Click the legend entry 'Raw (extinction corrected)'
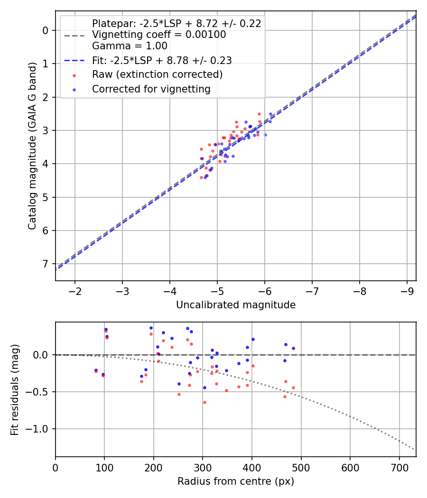pyautogui.click(x=157, y=74)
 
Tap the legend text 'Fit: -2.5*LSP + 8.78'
pyautogui.click(x=161, y=61)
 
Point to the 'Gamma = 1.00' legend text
pyautogui.click(x=130, y=46)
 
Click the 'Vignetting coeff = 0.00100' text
pyautogui.click(x=159, y=35)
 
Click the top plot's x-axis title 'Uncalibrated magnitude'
pyautogui.click(x=236, y=305)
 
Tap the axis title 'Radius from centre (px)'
pyautogui.click(x=236, y=481)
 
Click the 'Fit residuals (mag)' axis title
pyautogui.click(x=15, y=390)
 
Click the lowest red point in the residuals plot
pyautogui.click(x=204, y=402)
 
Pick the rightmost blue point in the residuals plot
pyautogui.click(x=293, y=348)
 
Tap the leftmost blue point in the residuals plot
pyautogui.click(x=96, y=370)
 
